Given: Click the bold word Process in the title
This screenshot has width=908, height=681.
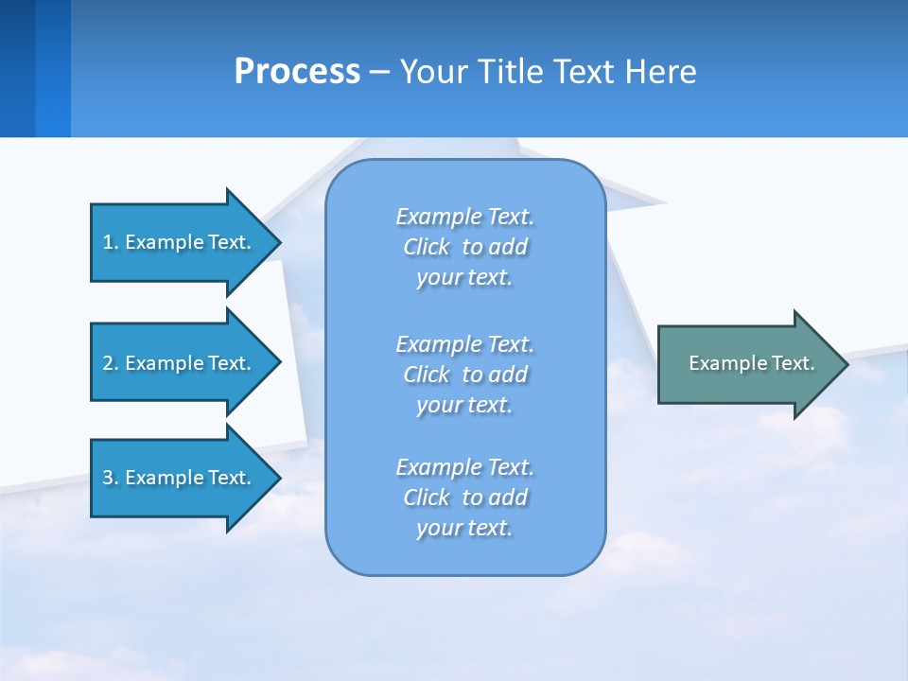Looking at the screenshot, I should tap(297, 72).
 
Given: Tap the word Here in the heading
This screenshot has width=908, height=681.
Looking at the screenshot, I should tap(659, 72).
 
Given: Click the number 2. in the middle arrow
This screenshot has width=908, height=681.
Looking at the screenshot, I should tap(110, 363).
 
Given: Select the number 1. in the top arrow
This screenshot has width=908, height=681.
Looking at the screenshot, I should tap(110, 242).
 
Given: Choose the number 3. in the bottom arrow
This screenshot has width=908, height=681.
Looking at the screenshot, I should tap(110, 478).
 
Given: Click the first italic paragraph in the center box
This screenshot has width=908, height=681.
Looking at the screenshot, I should tap(464, 247).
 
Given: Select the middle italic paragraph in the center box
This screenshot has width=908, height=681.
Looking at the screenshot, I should tap(464, 375).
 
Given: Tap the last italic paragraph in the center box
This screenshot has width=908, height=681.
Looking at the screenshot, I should tap(464, 498).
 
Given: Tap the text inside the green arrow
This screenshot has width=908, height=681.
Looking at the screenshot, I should tap(752, 363).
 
